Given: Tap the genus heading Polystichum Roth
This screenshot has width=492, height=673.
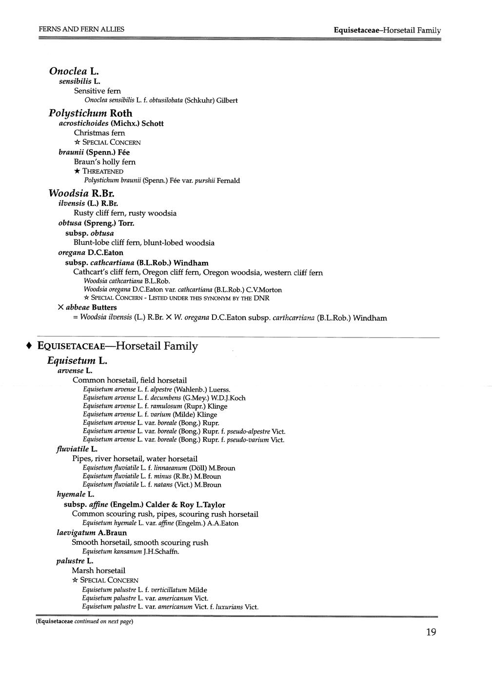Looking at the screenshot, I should (91, 113).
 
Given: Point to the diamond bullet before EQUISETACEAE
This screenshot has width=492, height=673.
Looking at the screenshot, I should (30, 346).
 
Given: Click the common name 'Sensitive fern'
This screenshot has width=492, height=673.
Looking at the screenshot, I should (98, 91).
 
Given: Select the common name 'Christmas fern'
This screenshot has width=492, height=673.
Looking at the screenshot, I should (99, 133).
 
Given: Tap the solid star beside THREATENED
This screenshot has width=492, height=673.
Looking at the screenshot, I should (77, 171).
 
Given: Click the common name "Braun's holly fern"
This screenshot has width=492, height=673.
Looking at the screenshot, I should (105, 161).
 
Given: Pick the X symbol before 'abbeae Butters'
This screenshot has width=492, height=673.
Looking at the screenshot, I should (61, 307).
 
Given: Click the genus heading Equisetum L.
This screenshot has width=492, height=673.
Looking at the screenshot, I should (77, 361).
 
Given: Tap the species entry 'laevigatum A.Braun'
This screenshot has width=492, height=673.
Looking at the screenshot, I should (92, 533).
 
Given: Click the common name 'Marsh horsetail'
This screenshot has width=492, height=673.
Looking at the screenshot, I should (98, 570).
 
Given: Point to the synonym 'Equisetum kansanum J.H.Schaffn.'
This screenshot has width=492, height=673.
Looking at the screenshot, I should (131, 552).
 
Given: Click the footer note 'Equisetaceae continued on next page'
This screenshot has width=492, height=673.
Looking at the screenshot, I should (84, 622).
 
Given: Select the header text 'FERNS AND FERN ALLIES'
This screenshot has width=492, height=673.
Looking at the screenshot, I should (81, 29).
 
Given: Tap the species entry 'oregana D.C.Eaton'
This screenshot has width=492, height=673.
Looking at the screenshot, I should (91, 253).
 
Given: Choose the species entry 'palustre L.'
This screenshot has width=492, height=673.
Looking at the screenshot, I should (75, 561).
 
